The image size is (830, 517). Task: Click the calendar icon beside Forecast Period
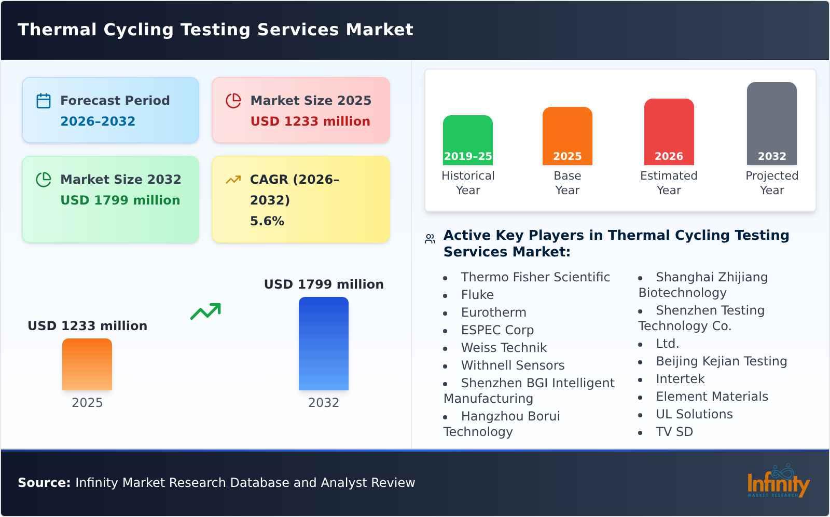(x=44, y=101)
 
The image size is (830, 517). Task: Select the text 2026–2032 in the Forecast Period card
(x=98, y=121)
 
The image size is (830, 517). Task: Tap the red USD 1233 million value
(x=310, y=121)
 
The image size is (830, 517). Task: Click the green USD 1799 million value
(x=120, y=200)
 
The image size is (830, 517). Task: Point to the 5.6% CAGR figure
(x=267, y=221)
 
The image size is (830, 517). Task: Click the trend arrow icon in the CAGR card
(x=233, y=180)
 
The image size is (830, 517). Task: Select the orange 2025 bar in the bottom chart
(x=87, y=364)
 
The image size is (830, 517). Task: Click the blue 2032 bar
(x=323, y=344)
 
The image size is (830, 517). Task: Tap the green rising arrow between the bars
(x=205, y=311)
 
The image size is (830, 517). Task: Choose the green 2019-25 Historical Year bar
(x=467, y=140)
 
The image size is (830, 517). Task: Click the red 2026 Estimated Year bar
(x=669, y=132)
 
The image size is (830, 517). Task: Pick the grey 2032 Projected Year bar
(x=771, y=124)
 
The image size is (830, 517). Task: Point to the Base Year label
(x=567, y=183)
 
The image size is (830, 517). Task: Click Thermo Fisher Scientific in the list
(x=535, y=277)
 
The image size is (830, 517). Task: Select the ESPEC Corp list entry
(x=497, y=330)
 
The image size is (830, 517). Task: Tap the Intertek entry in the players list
(x=680, y=379)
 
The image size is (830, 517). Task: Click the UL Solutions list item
(x=694, y=414)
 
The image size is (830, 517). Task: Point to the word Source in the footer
(x=44, y=483)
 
